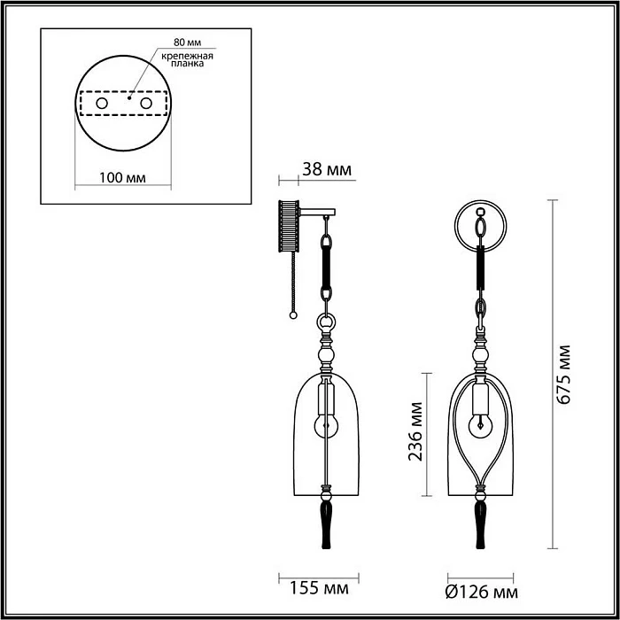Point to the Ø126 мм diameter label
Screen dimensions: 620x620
coord(482,590)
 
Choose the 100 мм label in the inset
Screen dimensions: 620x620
coord(122,178)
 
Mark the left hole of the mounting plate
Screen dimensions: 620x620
coord(102,105)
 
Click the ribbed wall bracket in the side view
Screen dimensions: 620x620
coord(287,228)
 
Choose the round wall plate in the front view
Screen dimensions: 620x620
coord(481,228)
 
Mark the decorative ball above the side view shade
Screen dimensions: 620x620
coord(327,356)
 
